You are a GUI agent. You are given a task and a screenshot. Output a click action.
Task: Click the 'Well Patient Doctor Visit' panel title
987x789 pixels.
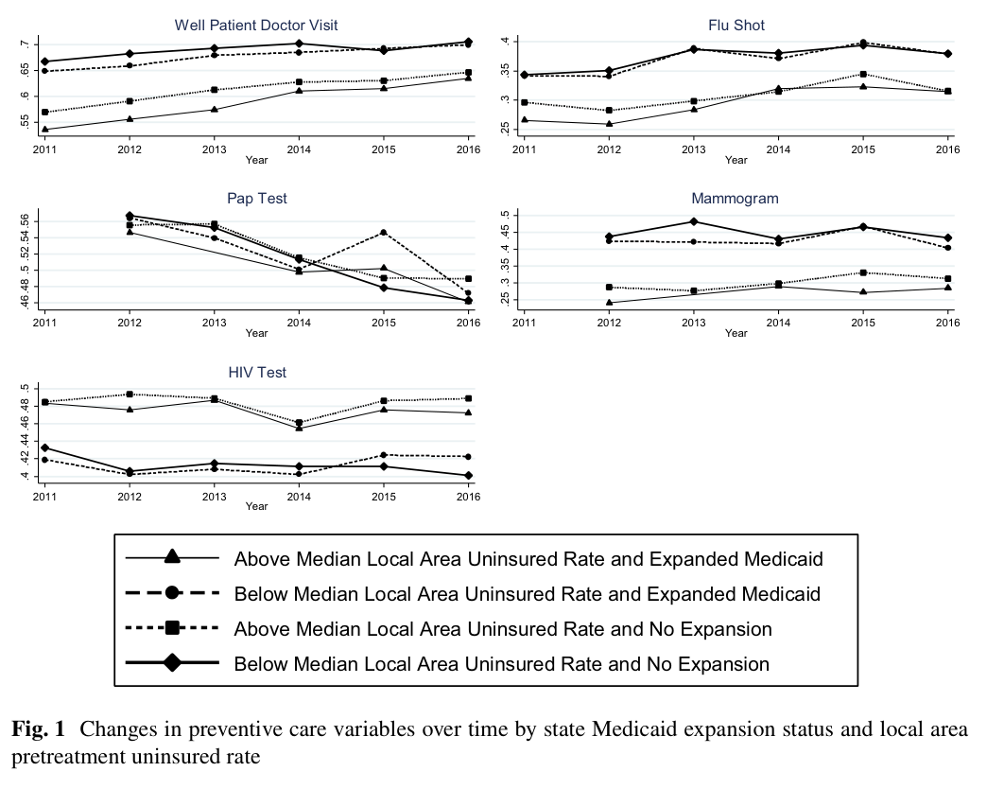coord(256,26)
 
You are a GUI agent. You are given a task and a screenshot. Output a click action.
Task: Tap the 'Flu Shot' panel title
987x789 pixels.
coord(736,26)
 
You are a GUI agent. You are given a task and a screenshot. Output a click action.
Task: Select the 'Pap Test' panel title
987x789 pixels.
coord(257,199)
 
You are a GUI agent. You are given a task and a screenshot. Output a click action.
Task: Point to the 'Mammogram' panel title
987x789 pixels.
coord(736,199)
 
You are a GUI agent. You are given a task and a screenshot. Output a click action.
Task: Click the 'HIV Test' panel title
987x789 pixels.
coord(257,372)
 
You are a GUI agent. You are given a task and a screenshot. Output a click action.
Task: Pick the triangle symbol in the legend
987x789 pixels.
coord(172,557)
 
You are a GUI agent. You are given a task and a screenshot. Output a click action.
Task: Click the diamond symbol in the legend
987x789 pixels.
coord(172,662)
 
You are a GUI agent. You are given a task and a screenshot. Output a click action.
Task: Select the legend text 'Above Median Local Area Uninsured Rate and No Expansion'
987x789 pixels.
coord(503,629)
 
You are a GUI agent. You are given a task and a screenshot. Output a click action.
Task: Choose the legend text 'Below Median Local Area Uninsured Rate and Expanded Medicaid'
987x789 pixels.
coord(528,594)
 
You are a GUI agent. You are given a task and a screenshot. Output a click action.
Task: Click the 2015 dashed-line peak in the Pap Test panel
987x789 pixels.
coord(383,233)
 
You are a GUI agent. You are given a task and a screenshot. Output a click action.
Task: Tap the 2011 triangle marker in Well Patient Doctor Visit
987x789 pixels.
coord(44,129)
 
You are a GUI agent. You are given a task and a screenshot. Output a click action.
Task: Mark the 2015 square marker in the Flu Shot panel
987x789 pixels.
coord(863,75)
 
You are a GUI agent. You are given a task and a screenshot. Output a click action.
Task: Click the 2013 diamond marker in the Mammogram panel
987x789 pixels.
coord(694,221)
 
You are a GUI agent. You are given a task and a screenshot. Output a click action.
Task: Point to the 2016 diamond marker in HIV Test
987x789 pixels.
coord(468,476)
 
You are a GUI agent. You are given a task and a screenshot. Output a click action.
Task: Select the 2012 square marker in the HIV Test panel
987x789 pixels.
coord(130,394)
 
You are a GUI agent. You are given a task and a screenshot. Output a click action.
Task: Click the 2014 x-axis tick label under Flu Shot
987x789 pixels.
coord(778,149)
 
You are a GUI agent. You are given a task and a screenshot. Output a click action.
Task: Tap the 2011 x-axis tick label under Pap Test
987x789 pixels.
coord(44,323)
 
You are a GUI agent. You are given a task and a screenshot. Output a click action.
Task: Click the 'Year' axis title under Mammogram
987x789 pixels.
coord(736,333)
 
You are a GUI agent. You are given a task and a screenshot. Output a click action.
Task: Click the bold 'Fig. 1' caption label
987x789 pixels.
coord(39,729)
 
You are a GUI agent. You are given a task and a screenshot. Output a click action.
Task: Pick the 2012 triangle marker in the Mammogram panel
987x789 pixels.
coord(609,302)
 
